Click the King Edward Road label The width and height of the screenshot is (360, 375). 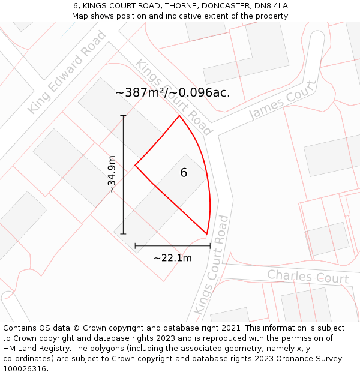[x=67, y=72]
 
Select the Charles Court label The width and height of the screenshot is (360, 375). [x=308, y=277]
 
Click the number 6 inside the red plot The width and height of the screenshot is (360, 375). [x=184, y=173]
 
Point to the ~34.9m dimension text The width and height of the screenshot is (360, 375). [x=111, y=174]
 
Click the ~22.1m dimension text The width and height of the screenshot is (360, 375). [x=173, y=258]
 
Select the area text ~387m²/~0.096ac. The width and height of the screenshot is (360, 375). [x=172, y=92]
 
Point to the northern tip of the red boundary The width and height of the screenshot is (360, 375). [x=179, y=116]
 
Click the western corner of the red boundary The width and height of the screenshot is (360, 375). [x=135, y=164]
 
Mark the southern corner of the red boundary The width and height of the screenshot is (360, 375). [x=206, y=234]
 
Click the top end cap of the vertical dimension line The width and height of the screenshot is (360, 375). [x=123, y=115]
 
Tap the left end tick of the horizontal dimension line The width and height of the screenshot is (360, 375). [x=135, y=245]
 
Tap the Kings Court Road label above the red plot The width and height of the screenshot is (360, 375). [x=174, y=97]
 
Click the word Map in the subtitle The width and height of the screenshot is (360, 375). [x=81, y=16]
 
